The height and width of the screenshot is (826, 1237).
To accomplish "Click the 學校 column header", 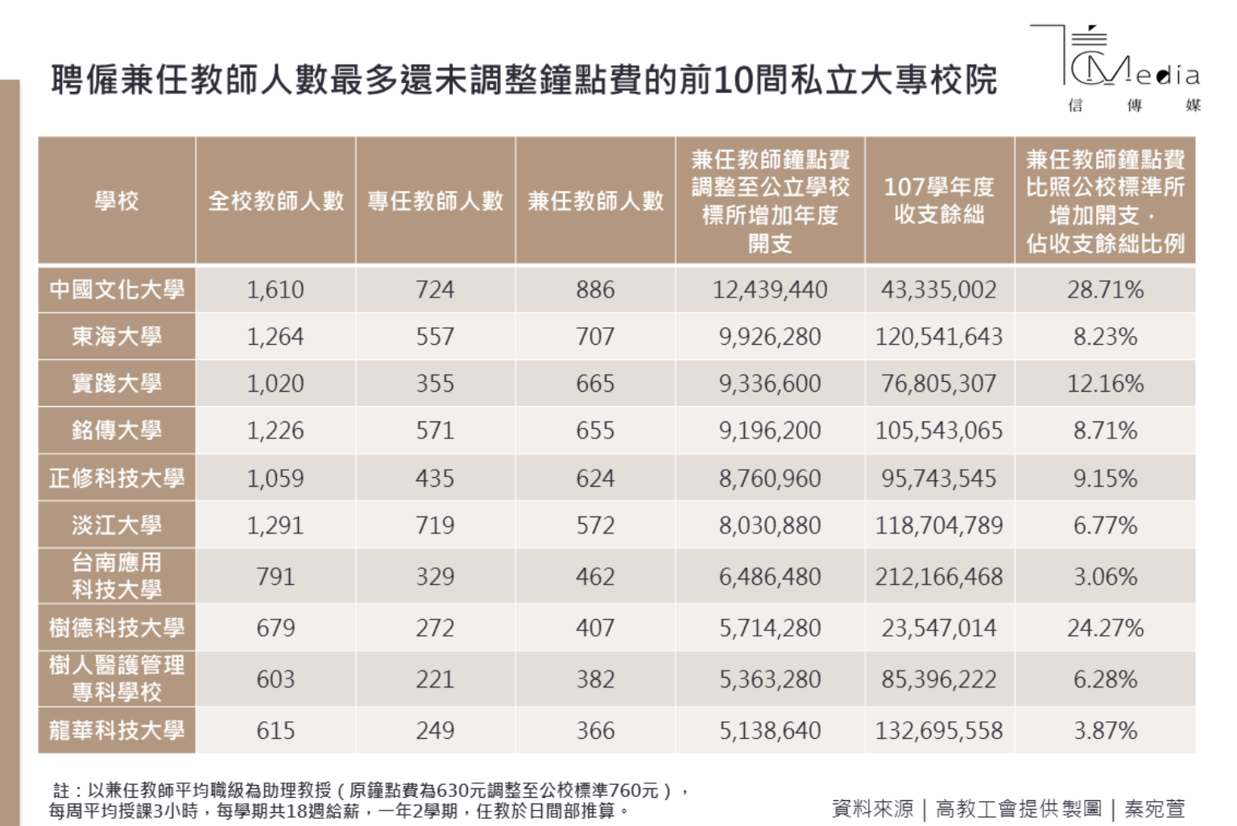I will pyautogui.click(x=117, y=201).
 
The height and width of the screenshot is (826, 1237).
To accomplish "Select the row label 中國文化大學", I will pyautogui.click(x=117, y=289).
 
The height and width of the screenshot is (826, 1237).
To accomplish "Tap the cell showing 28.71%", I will pyautogui.click(x=1105, y=289).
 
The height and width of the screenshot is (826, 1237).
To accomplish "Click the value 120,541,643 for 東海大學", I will pyautogui.click(x=939, y=337).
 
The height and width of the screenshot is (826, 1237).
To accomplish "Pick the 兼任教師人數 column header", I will pyautogui.click(x=595, y=201).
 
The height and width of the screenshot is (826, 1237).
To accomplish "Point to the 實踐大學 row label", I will pyautogui.click(x=117, y=384).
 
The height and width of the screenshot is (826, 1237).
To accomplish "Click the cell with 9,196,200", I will pyautogui.click(x=770, y=430).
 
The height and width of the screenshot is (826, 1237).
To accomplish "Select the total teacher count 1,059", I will pyautogui.click(x=275, y=479).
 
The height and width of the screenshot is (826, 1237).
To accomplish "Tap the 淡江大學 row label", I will pyautogui.click(x=117, y=525).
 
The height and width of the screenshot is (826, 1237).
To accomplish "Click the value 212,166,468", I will pyautogui.click(x=939, y=577).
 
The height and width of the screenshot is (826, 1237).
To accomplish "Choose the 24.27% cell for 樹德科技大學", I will pyautogui.click(x=1105, y=628).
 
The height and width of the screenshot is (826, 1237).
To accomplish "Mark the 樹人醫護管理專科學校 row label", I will pyautogui.click(x=117, y=679).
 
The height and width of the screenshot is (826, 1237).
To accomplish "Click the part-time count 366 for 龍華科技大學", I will pyautogui.click(x=595, y=731).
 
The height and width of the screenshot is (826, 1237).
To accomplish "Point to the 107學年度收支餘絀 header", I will pyautogui.click(x=939, y=201).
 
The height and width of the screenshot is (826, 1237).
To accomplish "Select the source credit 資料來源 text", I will pyautogui.click(x=872, y=808).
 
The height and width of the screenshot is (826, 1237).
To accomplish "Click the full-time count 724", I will pyautogui.click(x=435, y=289).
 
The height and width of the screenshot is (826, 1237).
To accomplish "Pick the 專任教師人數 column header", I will pyautogui.click(x=435, y=201).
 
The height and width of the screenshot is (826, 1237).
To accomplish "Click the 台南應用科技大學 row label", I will pyautogui.click(x=117, y=576).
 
